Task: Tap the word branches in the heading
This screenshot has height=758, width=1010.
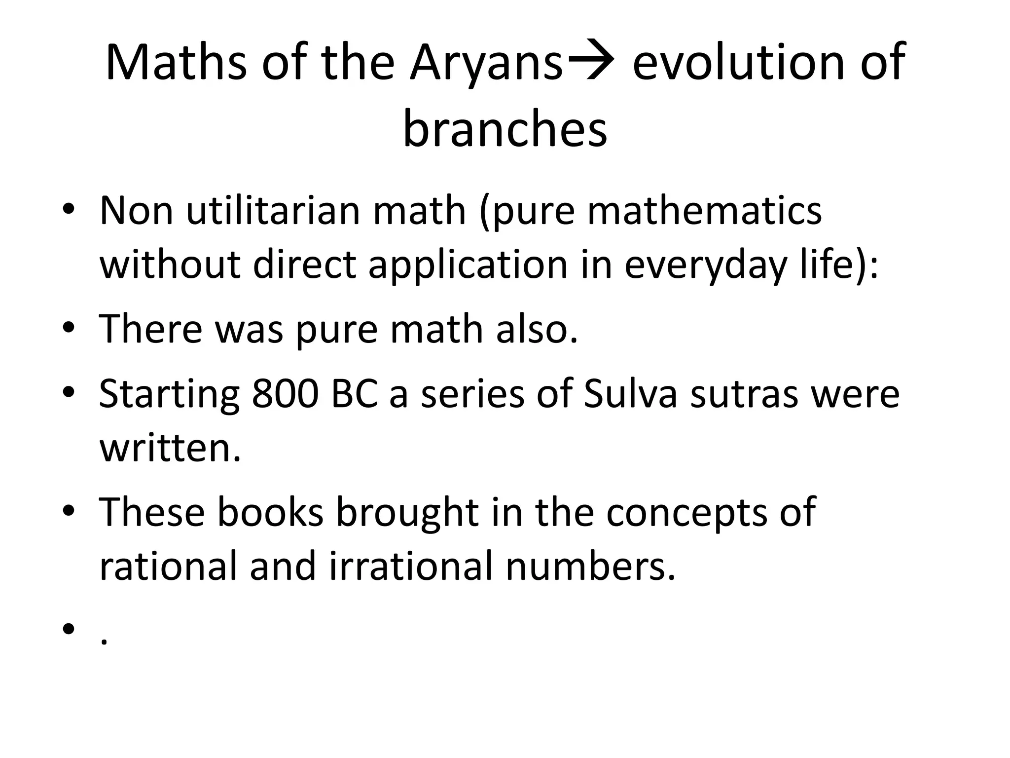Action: click(x=505, y=129)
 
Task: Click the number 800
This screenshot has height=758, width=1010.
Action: click(x=285, y=394)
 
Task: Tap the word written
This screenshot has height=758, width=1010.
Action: click(x=170, y=449)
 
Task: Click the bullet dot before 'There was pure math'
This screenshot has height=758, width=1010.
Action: click(x=69, y=329)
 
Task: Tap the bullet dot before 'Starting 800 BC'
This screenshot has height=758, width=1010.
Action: click(x=69, y=393)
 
